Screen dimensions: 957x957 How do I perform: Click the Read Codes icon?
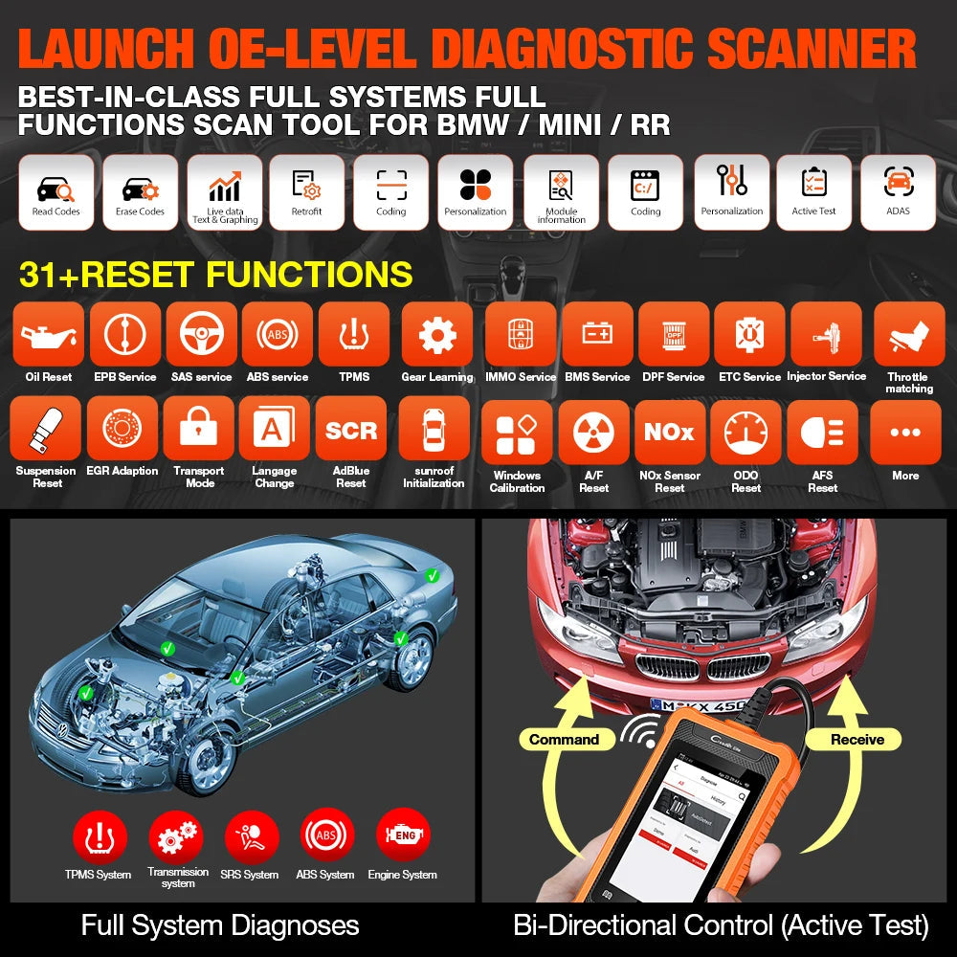click(56, 192)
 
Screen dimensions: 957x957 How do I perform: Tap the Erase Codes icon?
click(141, 192)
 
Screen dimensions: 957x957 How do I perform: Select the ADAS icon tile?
click(898, 192)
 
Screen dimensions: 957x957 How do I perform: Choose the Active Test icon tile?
click(813, 192)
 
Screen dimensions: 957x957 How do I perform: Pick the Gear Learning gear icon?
click(437, 335)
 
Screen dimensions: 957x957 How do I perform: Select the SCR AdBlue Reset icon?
click(351, 431)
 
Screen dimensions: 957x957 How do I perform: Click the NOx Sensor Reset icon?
click(669, 433)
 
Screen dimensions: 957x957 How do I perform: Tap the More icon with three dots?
click(905, 433)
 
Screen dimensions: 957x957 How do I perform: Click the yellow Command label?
click(565, 740)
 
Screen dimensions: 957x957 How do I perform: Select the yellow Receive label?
click(857, 740)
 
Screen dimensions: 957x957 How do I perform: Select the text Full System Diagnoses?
click(220, 925)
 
